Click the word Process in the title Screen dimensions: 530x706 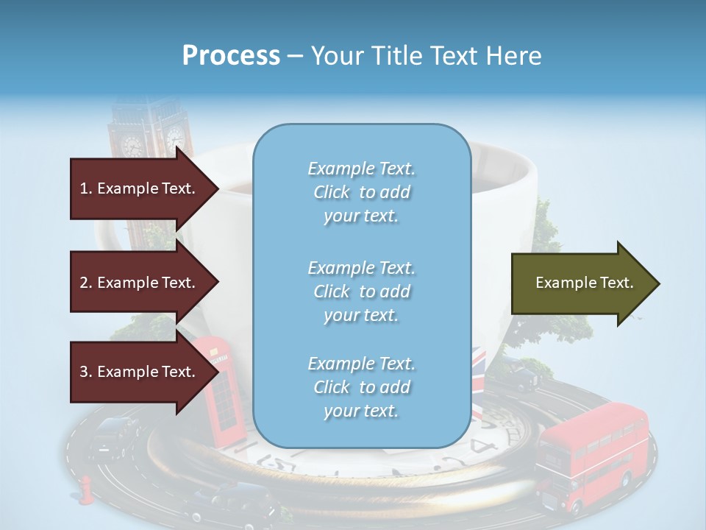(x=231, y=55)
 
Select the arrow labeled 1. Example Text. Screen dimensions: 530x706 (x=140, y=188)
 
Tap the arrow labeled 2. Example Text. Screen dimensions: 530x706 (x=140, y=283)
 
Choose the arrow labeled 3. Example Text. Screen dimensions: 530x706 (x=140, y=372)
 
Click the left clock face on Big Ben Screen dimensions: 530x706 (x=132, y=145)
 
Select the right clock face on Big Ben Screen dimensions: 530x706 (x=175, y=138)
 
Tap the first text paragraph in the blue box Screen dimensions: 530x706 (x=361, y=192)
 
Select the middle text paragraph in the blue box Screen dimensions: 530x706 (x=361, y=291)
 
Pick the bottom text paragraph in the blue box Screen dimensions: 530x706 (x=361, y=387)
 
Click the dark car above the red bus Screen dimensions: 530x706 (x=526, y=378)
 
